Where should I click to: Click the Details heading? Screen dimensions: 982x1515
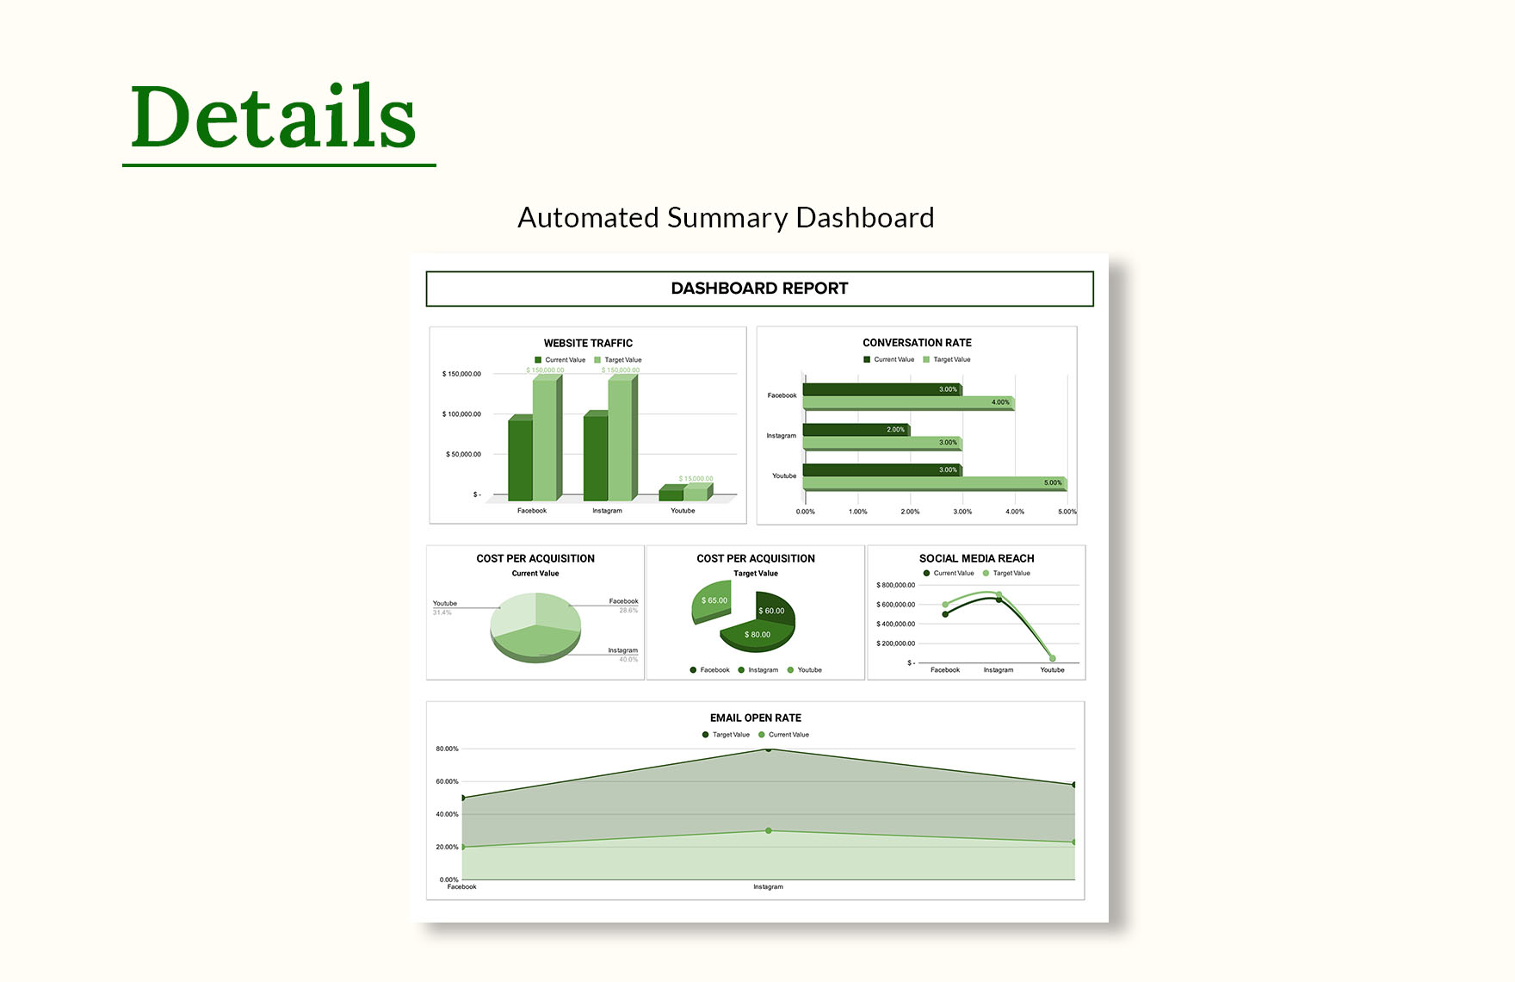coord(274,117)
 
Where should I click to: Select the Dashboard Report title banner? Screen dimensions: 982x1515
coord(759,289)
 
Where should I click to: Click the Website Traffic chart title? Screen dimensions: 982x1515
coord(588,343)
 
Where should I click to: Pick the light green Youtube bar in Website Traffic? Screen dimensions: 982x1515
coord(696,493)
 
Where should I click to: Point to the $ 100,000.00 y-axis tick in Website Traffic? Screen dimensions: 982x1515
coord(462,414)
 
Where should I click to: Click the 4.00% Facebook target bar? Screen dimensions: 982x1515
coord(908,403)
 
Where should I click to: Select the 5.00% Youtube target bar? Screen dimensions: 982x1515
coord(934,483)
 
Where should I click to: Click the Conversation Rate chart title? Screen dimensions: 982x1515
coord(917,343)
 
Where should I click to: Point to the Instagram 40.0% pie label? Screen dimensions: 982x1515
coord(623,655)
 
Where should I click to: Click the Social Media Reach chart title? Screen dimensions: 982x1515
coord(976,558)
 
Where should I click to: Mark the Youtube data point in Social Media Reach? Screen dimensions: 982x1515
coord(1052,659)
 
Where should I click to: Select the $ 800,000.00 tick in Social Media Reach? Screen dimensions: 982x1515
coord(895,585)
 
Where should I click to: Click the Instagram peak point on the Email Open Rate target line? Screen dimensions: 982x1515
coord(769,749)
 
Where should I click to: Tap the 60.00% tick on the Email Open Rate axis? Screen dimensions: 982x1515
coord(447,781)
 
